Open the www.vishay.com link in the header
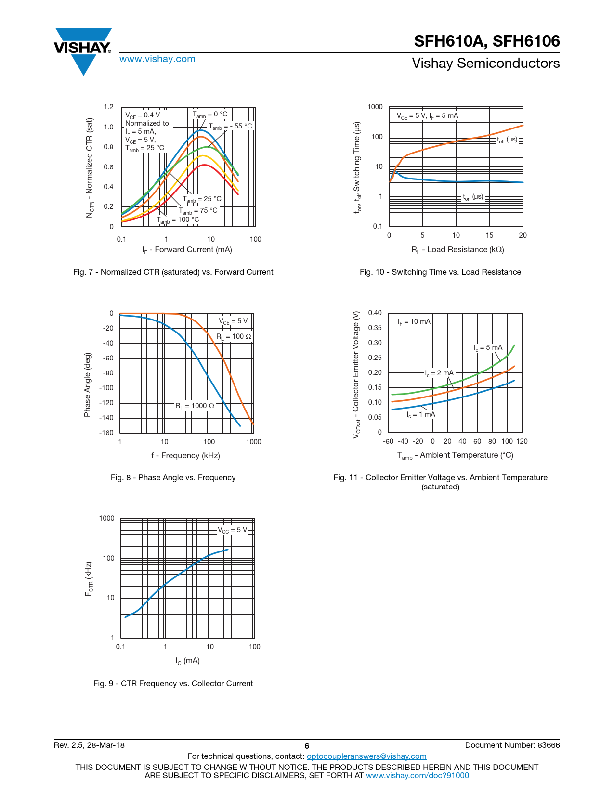pos(157,59)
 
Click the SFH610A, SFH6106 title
pos(486,41)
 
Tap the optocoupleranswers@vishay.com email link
pos(366,756)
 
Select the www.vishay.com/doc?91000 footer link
pos(417,775)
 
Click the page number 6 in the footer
pos(307,746)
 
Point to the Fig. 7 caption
pos(173,272)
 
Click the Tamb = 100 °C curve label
pos(177,220)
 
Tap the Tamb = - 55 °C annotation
pos(230,127)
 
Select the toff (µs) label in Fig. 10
pos(507,140)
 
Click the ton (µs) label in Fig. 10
pos(473,197)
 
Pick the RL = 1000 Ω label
pos(195,406)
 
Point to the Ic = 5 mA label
pos(488,347)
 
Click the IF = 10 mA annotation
pos(414,321)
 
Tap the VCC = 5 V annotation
pos(233,530)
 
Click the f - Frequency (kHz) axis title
pos(185,455)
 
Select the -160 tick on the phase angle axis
pos(106,432)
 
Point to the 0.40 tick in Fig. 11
pos(375,313)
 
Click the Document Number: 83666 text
pos(512,745)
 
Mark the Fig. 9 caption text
pos(173,683)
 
